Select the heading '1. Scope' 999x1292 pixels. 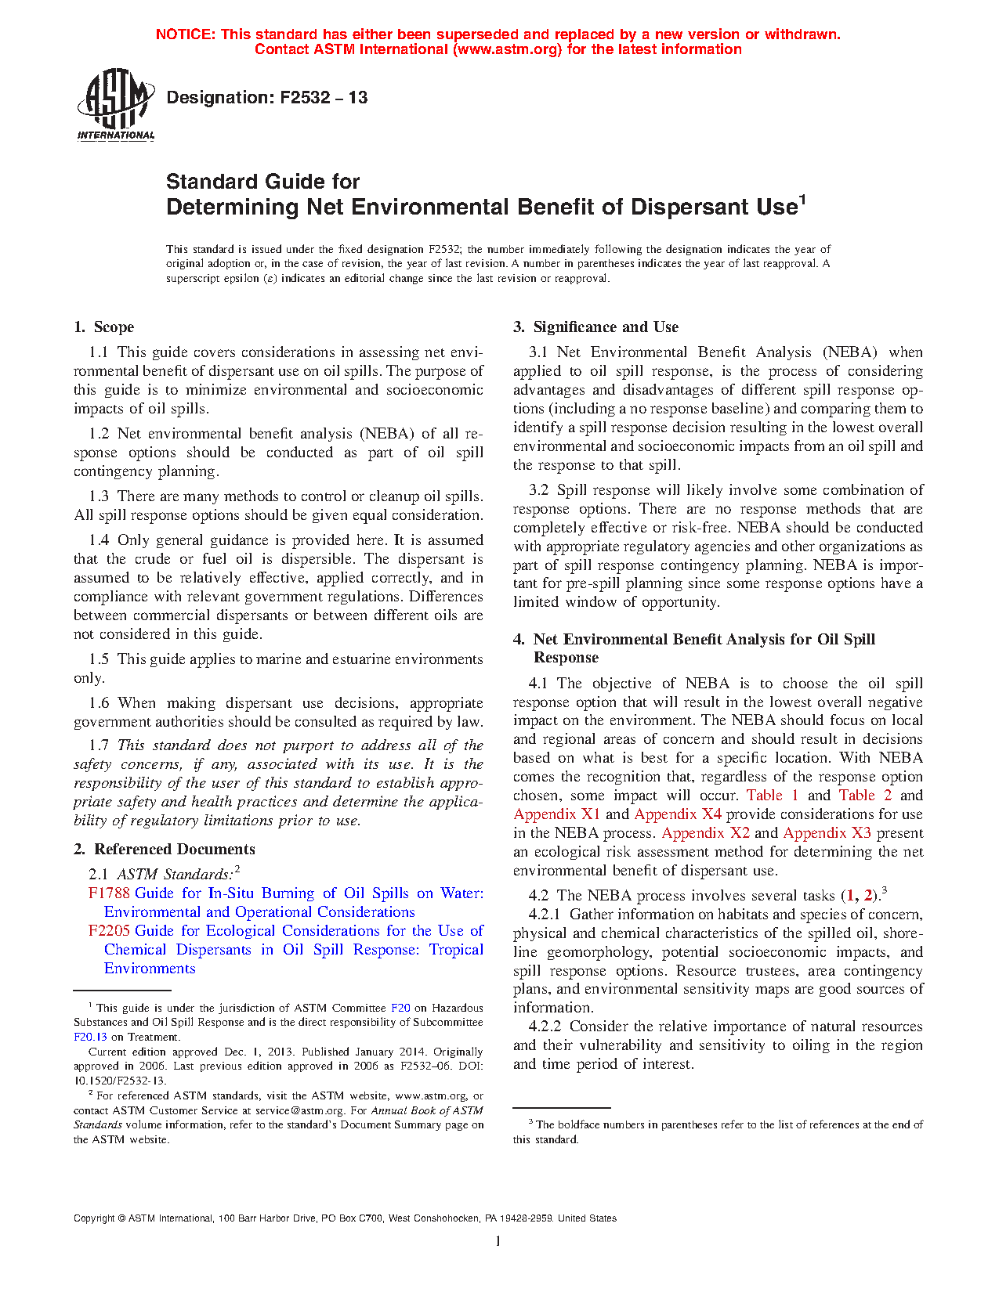[104, 327]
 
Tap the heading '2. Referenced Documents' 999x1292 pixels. [165, 850]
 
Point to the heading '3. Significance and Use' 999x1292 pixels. [595, 327]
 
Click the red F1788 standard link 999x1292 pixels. [109, 893]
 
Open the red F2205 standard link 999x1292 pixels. [109, 931]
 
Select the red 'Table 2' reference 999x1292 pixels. [865, 796]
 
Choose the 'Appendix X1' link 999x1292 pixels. [556, 814]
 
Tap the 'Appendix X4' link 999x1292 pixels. [678, 814]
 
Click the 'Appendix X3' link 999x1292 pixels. [827, 833]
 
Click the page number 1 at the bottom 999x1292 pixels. [498, 1241]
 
